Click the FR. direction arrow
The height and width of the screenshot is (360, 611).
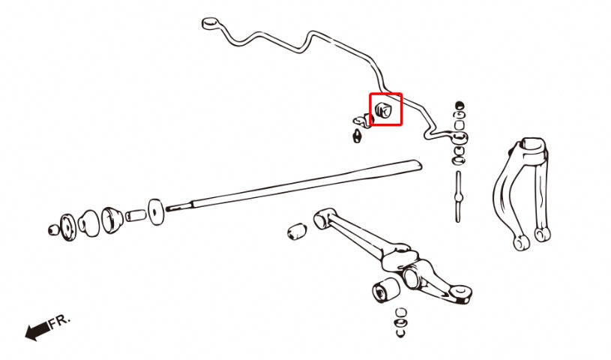[x=35, y=331]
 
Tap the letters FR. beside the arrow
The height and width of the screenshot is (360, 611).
[x=60, y=322]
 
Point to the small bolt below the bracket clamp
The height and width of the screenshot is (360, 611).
[x=358, y=136]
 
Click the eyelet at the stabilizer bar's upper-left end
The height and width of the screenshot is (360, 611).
[x=210, y=23]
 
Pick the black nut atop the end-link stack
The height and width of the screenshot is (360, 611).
[x=460, y=104]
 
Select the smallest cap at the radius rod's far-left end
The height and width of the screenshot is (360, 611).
[x=53, y=228]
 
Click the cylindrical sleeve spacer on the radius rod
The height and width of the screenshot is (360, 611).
[x=136, y=215]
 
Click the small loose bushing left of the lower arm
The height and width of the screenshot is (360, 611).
[x=296, y=230]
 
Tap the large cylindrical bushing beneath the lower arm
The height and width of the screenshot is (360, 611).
[x=385, y=289]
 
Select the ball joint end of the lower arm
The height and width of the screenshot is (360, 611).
[x=463, y=294]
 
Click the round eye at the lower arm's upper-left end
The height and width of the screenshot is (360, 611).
[x=322, y=217]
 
